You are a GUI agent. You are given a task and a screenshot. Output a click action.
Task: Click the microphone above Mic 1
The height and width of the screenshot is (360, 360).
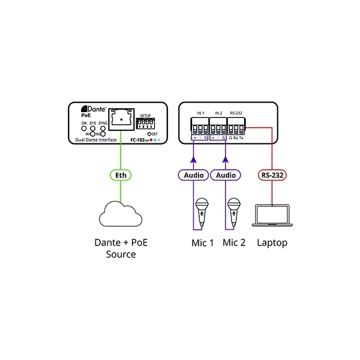pyautogui.click(x=202, y=212)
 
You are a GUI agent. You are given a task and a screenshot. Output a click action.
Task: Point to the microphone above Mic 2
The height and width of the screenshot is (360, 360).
pyautogui.click(x=235, y=212)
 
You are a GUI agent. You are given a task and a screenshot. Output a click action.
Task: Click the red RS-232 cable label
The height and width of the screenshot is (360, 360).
pyautogui.click(x=272, y=175)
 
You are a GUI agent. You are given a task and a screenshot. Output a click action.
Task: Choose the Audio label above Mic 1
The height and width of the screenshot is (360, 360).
pyautogui.click(x=193, y=175)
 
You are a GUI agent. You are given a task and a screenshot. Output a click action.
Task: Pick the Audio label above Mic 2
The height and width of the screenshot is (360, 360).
pyautogui.click(x=226, y=175)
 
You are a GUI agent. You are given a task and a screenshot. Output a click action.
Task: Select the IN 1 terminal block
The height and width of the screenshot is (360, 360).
pyautogui.click(x=200, y=127)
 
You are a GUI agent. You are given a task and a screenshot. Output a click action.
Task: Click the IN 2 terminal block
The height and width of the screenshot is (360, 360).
pyautogui.click(x=217, y=127)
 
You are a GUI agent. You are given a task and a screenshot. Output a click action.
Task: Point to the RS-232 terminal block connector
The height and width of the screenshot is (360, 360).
pyautogui.click(x=235, y=127)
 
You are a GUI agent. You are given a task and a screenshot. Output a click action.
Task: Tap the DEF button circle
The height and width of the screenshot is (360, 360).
pyautogui.click(x=147, y=134)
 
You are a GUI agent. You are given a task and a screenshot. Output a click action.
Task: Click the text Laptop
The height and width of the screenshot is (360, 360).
pyautogui.click(x=272, y=243)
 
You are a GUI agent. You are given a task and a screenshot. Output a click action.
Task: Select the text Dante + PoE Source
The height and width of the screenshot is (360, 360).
pyautogui.click(x=121, y=248)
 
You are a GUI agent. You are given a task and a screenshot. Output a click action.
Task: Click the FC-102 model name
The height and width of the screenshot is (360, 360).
pyautogui.click(x=141, y=140)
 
